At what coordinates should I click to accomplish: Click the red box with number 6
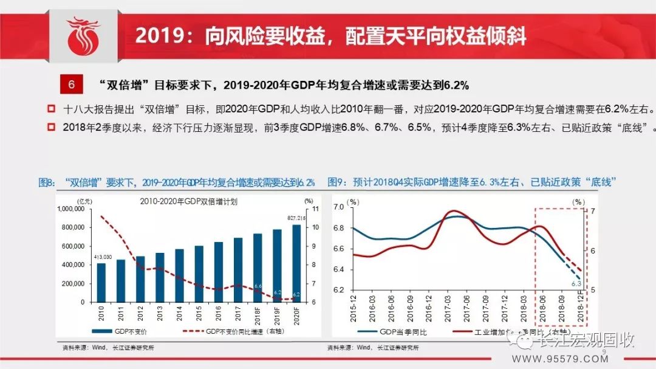71,84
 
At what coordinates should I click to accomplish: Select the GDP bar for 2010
101,282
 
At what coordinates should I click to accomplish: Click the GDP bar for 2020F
296,263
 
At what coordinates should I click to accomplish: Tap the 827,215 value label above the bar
296,218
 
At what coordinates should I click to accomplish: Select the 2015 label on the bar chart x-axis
199,316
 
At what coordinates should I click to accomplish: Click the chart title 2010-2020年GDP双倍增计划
188,202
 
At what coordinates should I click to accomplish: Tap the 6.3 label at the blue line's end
576,284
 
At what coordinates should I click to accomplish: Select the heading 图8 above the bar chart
176,182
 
